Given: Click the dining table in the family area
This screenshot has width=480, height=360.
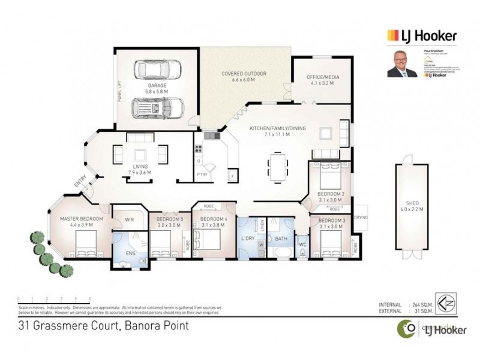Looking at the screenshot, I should click(277, 163).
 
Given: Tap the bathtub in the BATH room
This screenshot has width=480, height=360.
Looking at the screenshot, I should click(281, 250).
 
